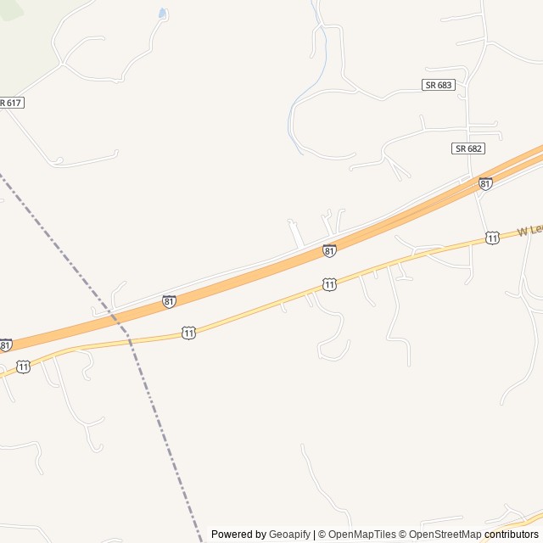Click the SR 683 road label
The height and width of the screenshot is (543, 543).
point(438,85)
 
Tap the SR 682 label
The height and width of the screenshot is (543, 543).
point(467,148)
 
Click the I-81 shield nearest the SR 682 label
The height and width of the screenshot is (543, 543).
point(484,183)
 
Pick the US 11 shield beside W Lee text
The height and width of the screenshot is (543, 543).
point(492,238)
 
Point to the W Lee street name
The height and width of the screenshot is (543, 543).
point(529,230)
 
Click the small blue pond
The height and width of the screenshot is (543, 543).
point(162,14)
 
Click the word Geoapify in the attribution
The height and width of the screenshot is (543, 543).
point(289,535)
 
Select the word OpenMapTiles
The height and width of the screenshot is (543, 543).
point(362,535)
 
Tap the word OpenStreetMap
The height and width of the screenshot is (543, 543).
point(445,535)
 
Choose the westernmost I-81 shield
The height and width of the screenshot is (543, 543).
point(6,344)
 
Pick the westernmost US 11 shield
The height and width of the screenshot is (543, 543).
point(23,367)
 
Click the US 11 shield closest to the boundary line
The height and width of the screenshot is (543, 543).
point(188,333)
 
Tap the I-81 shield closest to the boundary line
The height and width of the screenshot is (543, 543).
point(169,301)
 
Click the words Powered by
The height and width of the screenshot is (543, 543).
point(238,535)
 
